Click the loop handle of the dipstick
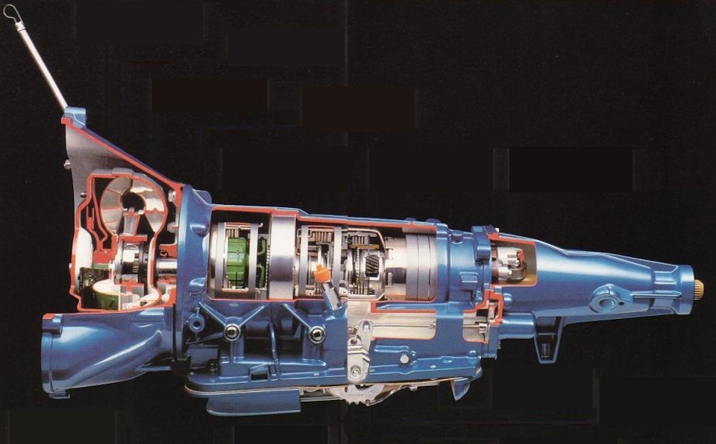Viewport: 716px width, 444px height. [x=10, y=11]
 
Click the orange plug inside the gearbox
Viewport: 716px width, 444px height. [x=321, y=273]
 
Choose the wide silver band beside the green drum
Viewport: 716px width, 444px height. [x=282, y=257]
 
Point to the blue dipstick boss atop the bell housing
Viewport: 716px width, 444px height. [x=74, y=116]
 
